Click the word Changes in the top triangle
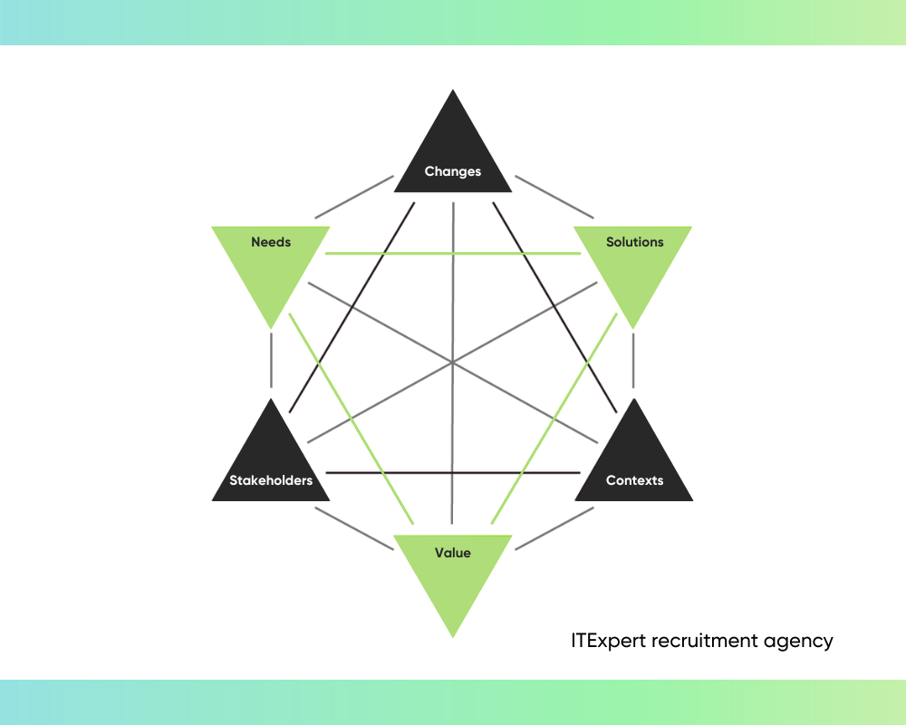[x=453, y=171]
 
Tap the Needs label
[x=271, y=242]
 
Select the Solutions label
[x=635, y=242]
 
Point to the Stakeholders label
[x=271, y=480]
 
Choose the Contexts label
[x=635, y=480]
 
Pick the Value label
[x=453, y=553]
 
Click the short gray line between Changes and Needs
[x=354, y=197]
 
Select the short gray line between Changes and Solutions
[x=554, y=197]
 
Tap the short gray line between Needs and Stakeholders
[x=271, y=361]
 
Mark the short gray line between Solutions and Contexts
[x=633, y=361]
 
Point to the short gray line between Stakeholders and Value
[x=354, y=528]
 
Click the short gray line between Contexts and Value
[x=554, y=528]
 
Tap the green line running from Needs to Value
[x=352, y=419]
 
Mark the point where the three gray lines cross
[x=452, y=363]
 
